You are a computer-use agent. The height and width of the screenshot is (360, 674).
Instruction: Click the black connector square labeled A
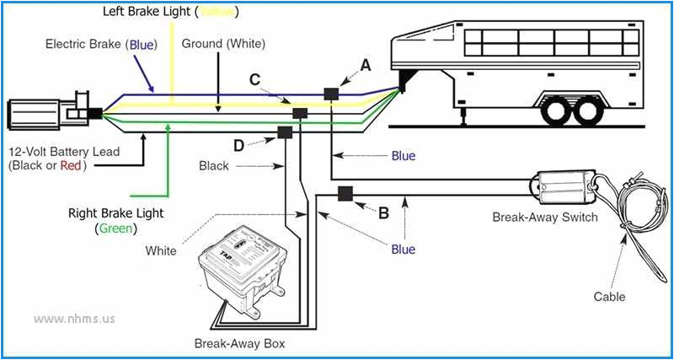(331, 94)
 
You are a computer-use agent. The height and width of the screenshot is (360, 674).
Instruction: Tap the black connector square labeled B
(345, 195)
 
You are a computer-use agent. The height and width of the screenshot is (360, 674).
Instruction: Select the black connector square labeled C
(299, 113)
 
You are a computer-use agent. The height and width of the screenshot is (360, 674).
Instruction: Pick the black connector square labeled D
(285, 132)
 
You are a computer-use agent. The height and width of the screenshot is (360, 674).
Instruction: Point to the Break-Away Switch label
(545, 218)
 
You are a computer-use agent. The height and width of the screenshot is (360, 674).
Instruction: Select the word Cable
(609, 297)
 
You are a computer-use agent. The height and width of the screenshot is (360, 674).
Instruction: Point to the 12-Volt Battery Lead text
(64, 152)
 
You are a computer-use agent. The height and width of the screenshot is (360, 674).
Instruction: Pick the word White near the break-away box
(161, 250)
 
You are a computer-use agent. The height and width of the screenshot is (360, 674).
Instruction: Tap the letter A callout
(365, 64)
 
